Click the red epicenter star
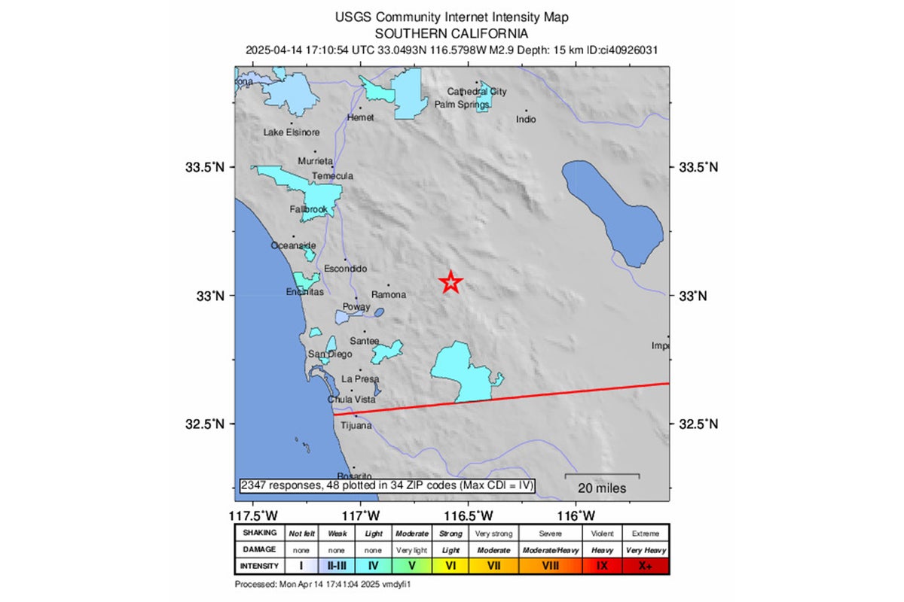point(450,282)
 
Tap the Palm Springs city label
point(462,105)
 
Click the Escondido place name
point(345,269)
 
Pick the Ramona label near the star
point(389,295)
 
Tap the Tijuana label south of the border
point(356,426)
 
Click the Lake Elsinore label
point(292,132)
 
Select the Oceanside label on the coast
point(294,246)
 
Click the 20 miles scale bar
point(603,482)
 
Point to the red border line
point(527,397)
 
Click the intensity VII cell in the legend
point(495,566)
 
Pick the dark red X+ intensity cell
point(645,566)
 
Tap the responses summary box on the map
point(387,486)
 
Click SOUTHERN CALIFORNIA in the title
point(451,34)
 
